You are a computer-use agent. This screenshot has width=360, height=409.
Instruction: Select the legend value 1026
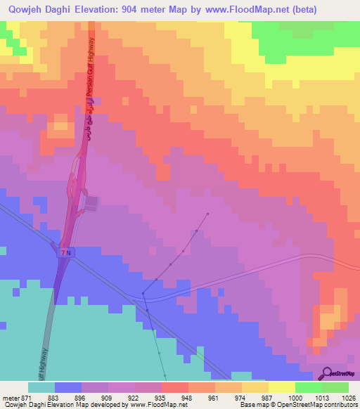pos(348,397)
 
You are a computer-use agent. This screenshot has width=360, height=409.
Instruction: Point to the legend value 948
pos(188,397)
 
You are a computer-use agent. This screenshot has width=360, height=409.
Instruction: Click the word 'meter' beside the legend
pos(10,397)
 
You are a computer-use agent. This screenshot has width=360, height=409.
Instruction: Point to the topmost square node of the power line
pos(208,213)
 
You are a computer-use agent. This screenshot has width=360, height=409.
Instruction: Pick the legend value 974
pos(241,397)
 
